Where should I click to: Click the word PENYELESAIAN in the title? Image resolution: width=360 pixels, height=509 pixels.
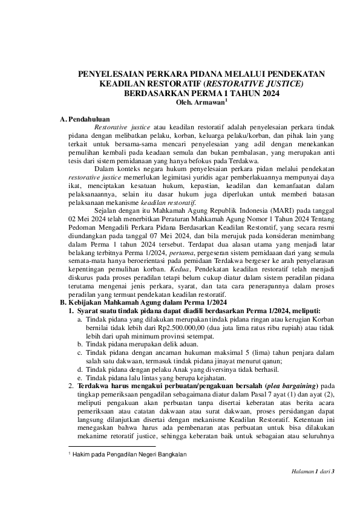point(108,74)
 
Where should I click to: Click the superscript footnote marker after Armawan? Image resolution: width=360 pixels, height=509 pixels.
point(226,101)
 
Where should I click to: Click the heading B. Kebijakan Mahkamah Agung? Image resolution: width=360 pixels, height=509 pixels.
point(145,302)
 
